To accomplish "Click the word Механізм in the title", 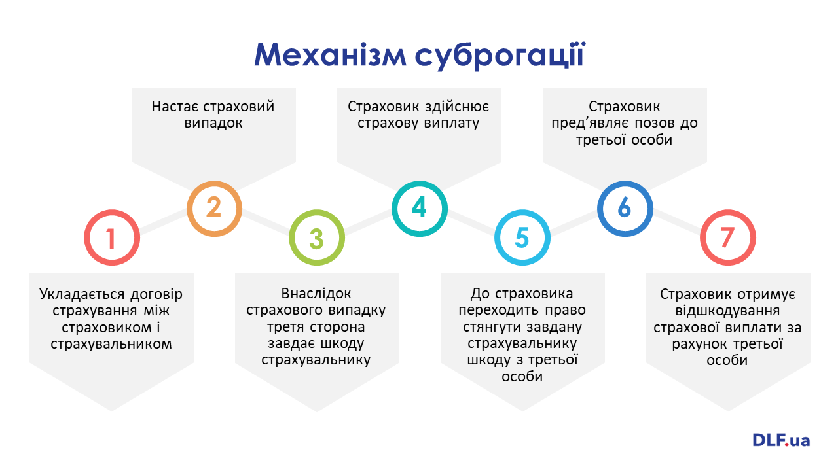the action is point(331,56).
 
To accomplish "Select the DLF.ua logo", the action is point(781,440).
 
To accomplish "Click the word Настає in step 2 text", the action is point(175,107).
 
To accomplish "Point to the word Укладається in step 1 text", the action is point(82,294).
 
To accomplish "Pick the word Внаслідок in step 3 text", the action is point(316,294).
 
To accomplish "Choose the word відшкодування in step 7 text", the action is point(727,311).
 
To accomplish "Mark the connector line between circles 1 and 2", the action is point(163,221).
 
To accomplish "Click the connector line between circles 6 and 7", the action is point(676,221).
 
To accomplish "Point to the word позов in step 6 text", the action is point(653,124).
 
